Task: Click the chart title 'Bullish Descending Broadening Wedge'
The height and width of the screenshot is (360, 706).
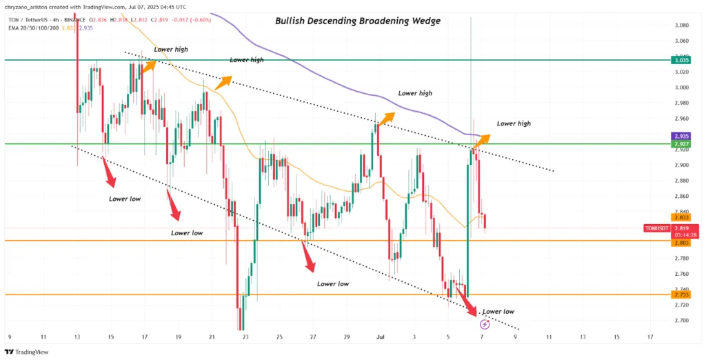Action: coord(358,21)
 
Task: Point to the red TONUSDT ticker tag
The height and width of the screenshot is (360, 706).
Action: coord(681,227)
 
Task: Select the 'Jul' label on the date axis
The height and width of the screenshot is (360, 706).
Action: coord(380,338)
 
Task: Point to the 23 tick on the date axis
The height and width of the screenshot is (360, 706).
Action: coord(245,338)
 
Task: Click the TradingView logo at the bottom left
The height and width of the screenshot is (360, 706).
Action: coord(29,350)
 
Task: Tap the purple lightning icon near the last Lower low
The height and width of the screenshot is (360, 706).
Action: coord(485,323)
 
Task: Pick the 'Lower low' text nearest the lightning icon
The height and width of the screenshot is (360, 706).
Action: coord(498,312)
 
